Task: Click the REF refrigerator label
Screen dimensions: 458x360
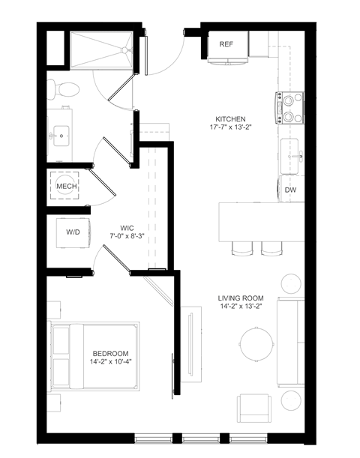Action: coord(226,44)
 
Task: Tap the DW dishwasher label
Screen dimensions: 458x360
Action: coord(290,190)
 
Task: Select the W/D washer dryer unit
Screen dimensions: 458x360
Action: coord(73,232)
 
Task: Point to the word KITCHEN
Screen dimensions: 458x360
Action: coord(230,120)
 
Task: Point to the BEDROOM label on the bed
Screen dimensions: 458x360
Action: coord(110,354)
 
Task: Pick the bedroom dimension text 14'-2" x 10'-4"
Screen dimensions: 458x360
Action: coord(111,363)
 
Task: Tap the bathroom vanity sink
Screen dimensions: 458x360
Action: coord(61,135)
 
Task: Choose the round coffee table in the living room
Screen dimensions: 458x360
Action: coord(256,345)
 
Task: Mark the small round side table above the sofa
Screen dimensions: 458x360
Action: coord(291,284)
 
